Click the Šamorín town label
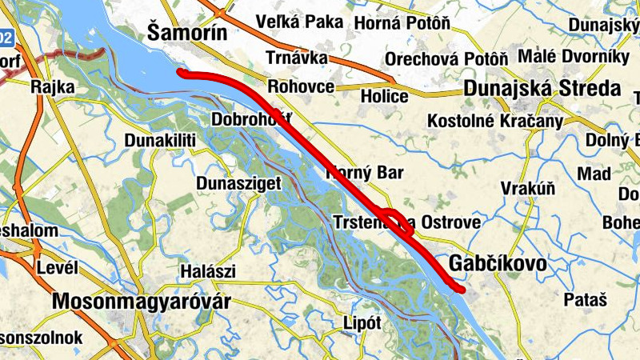(187, 32)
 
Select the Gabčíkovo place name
(498, 264)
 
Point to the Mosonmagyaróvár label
(141, 302)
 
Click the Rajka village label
(53, 86)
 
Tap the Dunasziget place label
(239, 183)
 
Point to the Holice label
(384, 97)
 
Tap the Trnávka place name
(297, 58)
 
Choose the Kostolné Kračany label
(496, 121)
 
